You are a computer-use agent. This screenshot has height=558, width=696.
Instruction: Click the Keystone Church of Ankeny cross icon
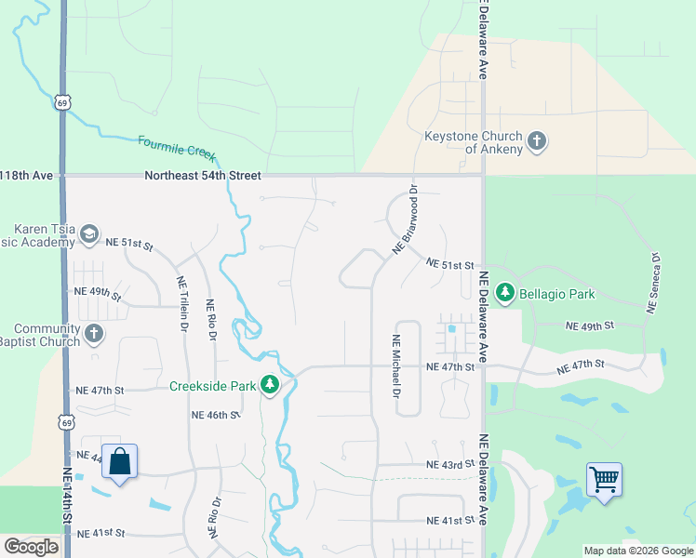(x=536, y=141)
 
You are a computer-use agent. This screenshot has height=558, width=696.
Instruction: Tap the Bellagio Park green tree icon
(x=505, y=294)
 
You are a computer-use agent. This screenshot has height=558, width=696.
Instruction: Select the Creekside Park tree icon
(x=270, y=385)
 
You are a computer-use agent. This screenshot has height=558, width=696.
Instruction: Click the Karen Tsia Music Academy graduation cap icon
(x=89, y=233)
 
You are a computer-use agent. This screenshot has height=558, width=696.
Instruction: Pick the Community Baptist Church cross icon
(x=93, y=333)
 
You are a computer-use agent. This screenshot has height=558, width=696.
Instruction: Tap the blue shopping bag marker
(x=120, y=461)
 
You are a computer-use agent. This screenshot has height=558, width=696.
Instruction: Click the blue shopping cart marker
(x=605, y=480)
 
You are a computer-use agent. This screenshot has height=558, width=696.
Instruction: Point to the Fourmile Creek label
(x=176, y=147)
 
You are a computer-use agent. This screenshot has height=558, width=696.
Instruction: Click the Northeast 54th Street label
(x=203, y=175)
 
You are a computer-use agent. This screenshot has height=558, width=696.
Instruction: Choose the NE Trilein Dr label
(x=181, y=303)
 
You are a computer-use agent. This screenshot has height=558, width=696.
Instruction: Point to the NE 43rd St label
(x=450, y=464)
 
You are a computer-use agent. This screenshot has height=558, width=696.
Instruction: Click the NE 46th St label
(x=216, y=415)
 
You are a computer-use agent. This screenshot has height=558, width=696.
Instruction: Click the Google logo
(x=31, y=547)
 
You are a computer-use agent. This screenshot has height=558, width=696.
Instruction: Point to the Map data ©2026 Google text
(x=637, y=551)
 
